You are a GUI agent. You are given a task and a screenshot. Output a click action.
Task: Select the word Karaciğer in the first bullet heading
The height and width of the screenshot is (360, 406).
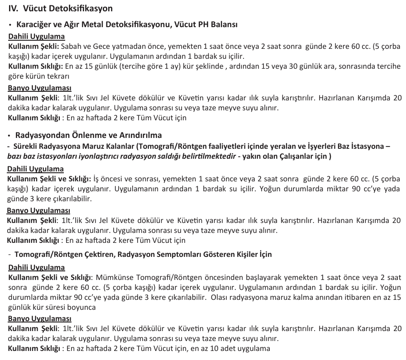[x=33, y=24]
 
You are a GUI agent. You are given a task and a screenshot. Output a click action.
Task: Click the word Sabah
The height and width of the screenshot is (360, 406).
[x=72, y=47]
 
